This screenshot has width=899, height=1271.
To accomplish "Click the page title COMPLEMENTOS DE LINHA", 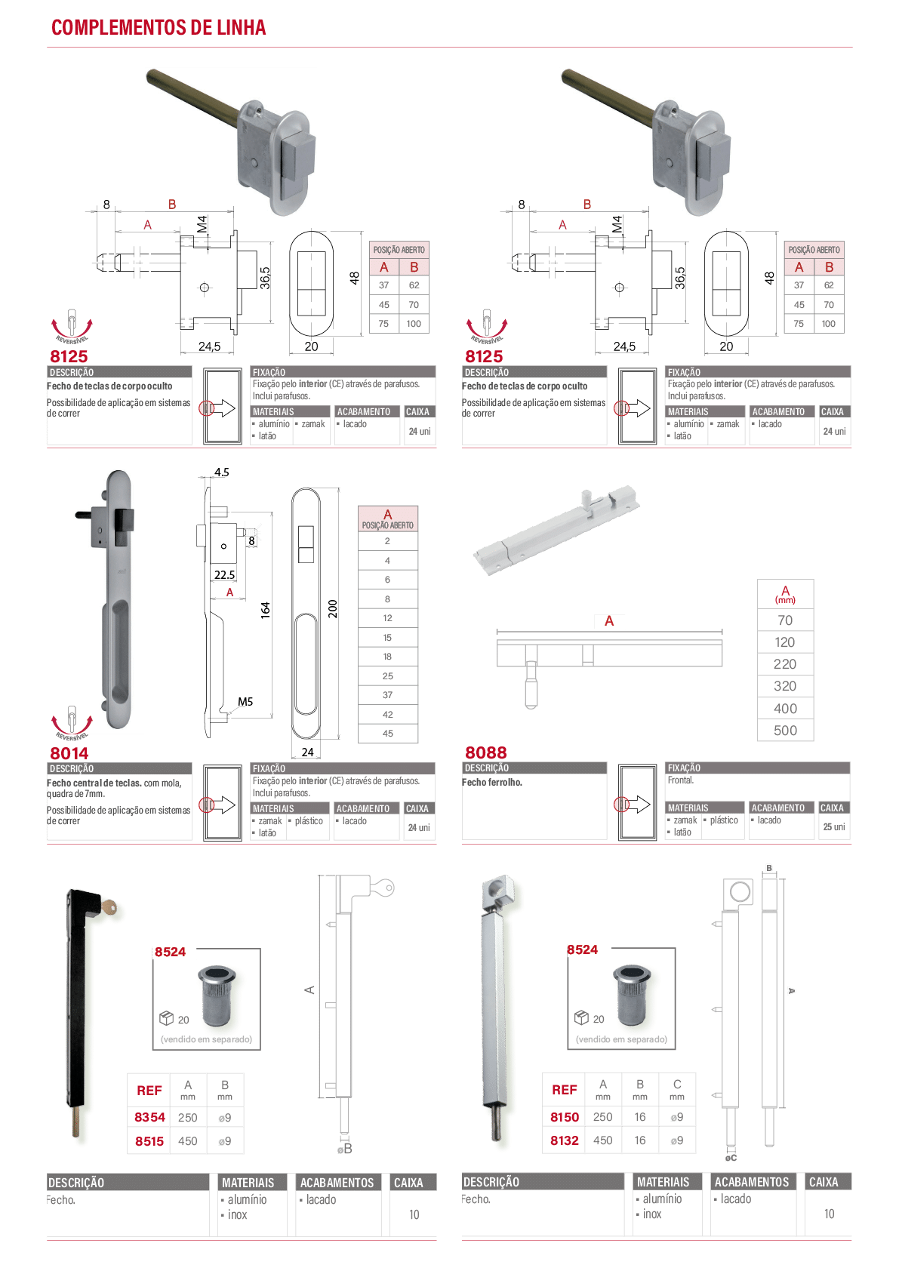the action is point(159,27).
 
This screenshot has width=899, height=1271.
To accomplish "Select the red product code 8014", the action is point(69,753).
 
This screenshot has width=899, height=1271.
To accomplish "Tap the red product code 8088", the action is point(486,752).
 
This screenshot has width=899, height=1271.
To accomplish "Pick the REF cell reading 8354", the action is point(149,1117).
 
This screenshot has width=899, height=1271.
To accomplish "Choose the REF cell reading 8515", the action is point(149,1141).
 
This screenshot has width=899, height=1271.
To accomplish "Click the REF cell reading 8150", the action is point(565,1117).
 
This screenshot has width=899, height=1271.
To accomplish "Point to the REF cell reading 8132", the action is point(565,1140).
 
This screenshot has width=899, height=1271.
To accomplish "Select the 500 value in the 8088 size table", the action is point(785,731).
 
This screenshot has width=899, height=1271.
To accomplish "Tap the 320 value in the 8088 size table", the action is point(785,686).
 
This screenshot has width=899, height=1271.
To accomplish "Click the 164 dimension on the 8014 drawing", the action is point(265,610).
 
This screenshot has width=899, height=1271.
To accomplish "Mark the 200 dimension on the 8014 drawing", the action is point(333,609).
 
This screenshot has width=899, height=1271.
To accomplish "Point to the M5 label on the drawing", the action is point(245,702).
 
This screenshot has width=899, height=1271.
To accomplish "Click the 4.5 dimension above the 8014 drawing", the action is point(221,472).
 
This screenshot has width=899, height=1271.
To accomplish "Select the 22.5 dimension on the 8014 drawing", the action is point(224,575).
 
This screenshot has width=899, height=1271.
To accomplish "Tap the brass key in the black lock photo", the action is point(111,906).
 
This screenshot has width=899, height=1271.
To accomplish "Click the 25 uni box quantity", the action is point(834,826).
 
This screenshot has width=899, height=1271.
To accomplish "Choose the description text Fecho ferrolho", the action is point(492,782).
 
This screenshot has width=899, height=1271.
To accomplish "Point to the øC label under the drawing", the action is point(731,1158).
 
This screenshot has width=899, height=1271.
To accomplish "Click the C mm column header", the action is point(677,1089).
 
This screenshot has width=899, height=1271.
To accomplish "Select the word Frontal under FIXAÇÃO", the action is point(681,780).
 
